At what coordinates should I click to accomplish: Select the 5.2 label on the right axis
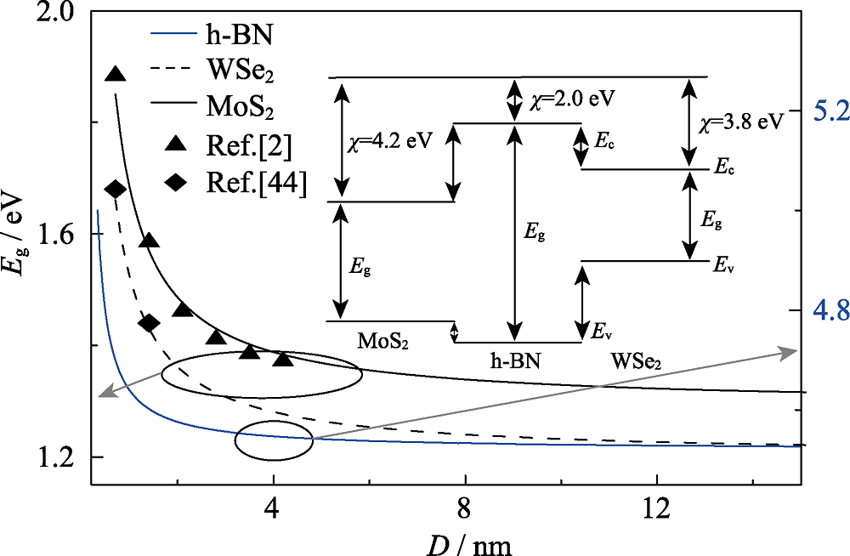tap(825, 111)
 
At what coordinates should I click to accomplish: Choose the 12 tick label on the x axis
tap(656, 505)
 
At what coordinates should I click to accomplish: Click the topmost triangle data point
tap(115, 74)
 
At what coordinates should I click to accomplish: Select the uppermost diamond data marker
tap(115, 189)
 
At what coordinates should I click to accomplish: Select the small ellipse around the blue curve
tap(274, 441)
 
